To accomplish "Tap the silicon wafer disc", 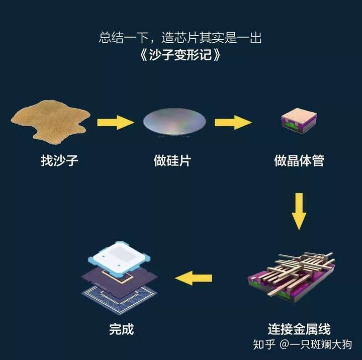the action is (x=174, y=122).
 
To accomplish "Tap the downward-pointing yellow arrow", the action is (x=299, y=211).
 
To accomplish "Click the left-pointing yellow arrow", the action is (x=193, y=278).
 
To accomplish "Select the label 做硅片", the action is (x=172, y=161).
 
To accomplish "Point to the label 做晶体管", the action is (x=299, y=161).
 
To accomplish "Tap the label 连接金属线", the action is (x=299, y=329).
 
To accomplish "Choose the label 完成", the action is (x=122, y=329).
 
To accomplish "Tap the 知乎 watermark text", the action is (x=264, y=345).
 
